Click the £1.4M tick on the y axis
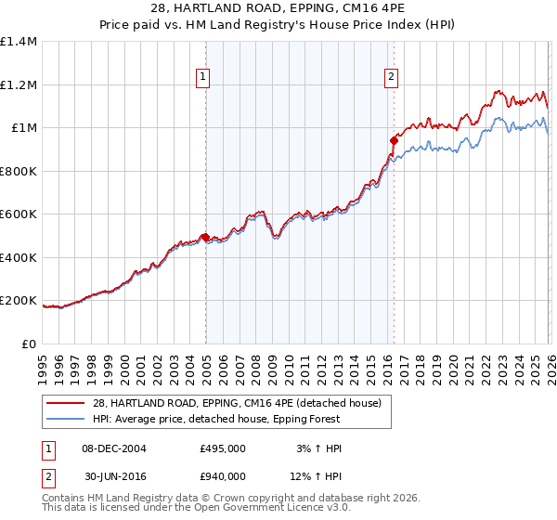pos(19,42)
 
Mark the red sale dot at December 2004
pos(205,238)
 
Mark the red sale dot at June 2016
pos(394,141)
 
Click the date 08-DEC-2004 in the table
pos(111,448)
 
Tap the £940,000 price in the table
pos(223,476)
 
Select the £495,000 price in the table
pos(223,448)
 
